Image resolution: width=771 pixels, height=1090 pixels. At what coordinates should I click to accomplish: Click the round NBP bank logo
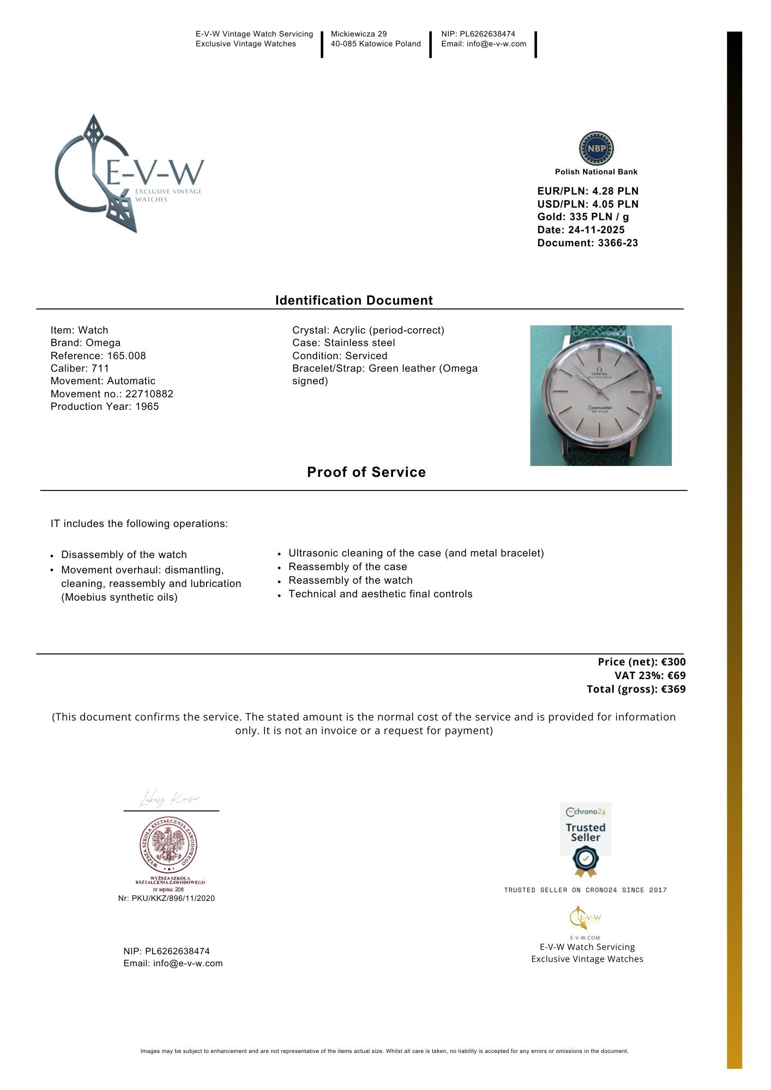(596, 148)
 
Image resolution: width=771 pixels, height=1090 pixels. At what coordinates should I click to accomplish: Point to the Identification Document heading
(354, 300)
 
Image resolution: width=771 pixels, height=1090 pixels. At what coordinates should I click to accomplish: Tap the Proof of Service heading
(366, 472)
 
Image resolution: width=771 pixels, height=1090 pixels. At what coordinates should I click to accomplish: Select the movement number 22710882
(149, 393)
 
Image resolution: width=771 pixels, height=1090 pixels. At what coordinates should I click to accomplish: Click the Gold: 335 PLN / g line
(583, 216)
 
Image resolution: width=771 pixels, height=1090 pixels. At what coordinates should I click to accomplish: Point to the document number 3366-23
(618, 243)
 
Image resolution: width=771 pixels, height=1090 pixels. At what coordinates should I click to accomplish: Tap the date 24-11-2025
(596, 229)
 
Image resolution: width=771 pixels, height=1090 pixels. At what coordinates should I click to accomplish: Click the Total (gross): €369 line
(636, 689)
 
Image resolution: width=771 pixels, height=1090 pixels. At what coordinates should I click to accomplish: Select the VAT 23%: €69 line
(650, 675)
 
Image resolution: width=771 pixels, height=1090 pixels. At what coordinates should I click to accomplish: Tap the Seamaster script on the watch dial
(600, 407)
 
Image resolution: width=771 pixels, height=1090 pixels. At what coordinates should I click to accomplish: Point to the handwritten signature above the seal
(170, 799)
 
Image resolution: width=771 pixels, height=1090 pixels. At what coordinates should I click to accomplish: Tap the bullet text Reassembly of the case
(348, 567)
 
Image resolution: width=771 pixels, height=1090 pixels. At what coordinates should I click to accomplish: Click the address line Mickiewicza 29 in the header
(359, 34)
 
